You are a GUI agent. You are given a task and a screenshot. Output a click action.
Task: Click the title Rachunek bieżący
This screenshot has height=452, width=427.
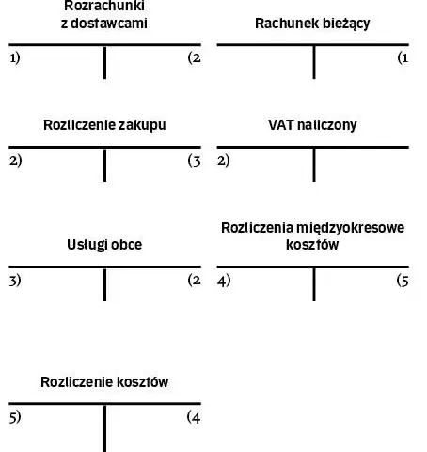coord(312,24)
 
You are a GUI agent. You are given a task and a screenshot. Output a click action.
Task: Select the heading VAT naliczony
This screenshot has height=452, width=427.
coord(312,125)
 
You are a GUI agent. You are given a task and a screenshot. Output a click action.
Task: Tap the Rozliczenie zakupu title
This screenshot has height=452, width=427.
coord(104,125)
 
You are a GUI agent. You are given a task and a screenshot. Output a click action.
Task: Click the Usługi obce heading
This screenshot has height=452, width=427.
coord(104,245)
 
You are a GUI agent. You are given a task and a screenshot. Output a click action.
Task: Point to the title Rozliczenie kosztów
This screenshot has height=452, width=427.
coord(104,382)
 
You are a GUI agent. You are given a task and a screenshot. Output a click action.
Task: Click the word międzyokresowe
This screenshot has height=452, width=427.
coord(350,228)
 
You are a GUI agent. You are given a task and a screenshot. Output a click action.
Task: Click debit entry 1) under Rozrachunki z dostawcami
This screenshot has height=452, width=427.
coord(15,58)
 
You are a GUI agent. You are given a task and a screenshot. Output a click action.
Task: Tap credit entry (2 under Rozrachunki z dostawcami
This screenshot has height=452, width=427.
coord(194,58)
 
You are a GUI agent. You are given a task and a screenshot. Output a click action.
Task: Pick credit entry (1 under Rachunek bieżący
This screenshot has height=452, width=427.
coord(403,58)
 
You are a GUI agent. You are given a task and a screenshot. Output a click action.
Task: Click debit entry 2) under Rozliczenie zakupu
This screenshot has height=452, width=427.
coord(16,161)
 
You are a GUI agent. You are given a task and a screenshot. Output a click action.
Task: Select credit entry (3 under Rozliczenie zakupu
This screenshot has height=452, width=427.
coord(194,161)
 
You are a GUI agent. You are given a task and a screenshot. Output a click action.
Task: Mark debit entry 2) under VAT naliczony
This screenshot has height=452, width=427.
coord(223,161)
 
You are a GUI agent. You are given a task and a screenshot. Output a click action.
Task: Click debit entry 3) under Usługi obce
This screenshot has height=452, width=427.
coord(15,281)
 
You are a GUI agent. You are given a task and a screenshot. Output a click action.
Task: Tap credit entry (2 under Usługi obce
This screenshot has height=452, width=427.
coord(194,280)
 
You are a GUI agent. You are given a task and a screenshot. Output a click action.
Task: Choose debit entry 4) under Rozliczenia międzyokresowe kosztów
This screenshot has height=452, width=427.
coord(224,281)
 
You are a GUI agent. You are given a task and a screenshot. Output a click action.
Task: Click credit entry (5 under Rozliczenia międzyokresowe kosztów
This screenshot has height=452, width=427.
coord(403,281)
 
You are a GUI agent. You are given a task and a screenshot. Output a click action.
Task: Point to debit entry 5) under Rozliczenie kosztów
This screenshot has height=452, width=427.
coord(15,417)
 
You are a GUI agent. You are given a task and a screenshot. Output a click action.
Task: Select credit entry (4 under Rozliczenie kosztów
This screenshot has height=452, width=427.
coord(194,418)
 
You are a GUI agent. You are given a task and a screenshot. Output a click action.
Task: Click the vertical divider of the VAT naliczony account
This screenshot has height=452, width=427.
coord(314,165)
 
